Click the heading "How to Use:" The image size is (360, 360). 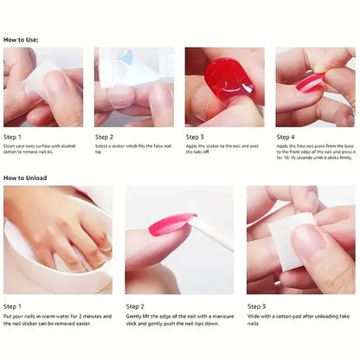pos(22,40)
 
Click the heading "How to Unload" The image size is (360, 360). pos(25,178)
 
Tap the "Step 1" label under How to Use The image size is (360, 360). pos(14,137)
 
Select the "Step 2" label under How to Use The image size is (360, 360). pos(105,137)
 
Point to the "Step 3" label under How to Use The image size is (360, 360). pos(196,137)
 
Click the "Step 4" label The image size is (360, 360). pos(286,137)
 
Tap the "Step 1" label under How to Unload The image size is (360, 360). pos(14,305)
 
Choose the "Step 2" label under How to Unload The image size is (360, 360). pos(135,305)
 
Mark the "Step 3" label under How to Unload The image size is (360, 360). pos(256,305)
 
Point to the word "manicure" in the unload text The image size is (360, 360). pos(215,317)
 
